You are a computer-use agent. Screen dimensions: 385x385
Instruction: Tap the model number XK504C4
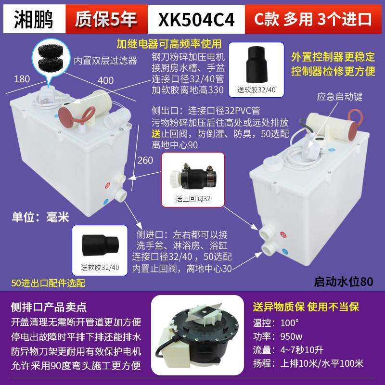pos(199,19)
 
